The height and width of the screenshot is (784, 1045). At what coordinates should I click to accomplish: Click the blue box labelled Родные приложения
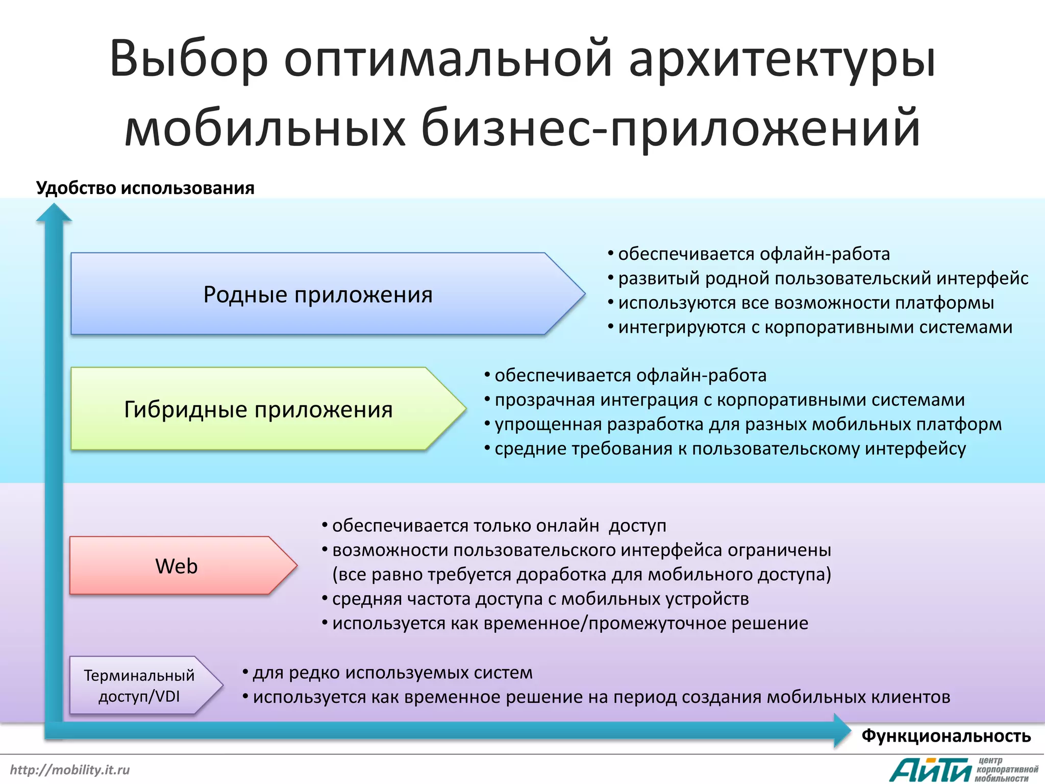pyautogui.click(x=317, y=295)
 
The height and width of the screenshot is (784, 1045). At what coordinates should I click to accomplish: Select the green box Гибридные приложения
pyautogui.click(x=258, y=409)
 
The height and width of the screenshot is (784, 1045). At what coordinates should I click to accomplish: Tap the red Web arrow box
pyautogui.click(x=177, y=566)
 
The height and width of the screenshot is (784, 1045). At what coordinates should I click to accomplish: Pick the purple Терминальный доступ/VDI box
pyautogui.click(x=139, y=685)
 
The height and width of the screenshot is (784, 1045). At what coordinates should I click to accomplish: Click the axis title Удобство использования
pyautogui.click(x=145, y=188)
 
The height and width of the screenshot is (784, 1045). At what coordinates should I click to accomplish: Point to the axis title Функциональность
pyautogui.click(x=946, y=736)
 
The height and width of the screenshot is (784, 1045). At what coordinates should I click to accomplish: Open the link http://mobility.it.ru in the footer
pyautogui.click(x=70, y=770)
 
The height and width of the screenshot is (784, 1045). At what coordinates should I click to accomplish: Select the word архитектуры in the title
pyautogui.click(x=782, y=59)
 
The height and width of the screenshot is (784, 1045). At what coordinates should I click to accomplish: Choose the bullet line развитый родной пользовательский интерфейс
pyautogui.click(x=823, y=278)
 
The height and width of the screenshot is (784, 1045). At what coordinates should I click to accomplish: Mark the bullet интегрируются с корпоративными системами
pyautogui.click(x=815, y=327)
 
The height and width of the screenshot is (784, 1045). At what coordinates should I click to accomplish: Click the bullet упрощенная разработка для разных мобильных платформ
pyautogui.click(x=748, y=424)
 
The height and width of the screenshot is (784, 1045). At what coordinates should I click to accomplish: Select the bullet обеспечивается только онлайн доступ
pyautogui.click(x=499, y=526)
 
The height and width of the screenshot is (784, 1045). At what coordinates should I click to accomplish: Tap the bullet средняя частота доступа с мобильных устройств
pyautogui.click(x=540, y=599)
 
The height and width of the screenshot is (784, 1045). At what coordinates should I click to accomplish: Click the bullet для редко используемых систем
pyautogui.click(x=392, y=673)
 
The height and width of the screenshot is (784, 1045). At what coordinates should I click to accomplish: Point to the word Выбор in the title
pyautogui.click(x=189, y=59)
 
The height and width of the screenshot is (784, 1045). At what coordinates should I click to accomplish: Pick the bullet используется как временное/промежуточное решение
pyautogui.click(x=569, y=623)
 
